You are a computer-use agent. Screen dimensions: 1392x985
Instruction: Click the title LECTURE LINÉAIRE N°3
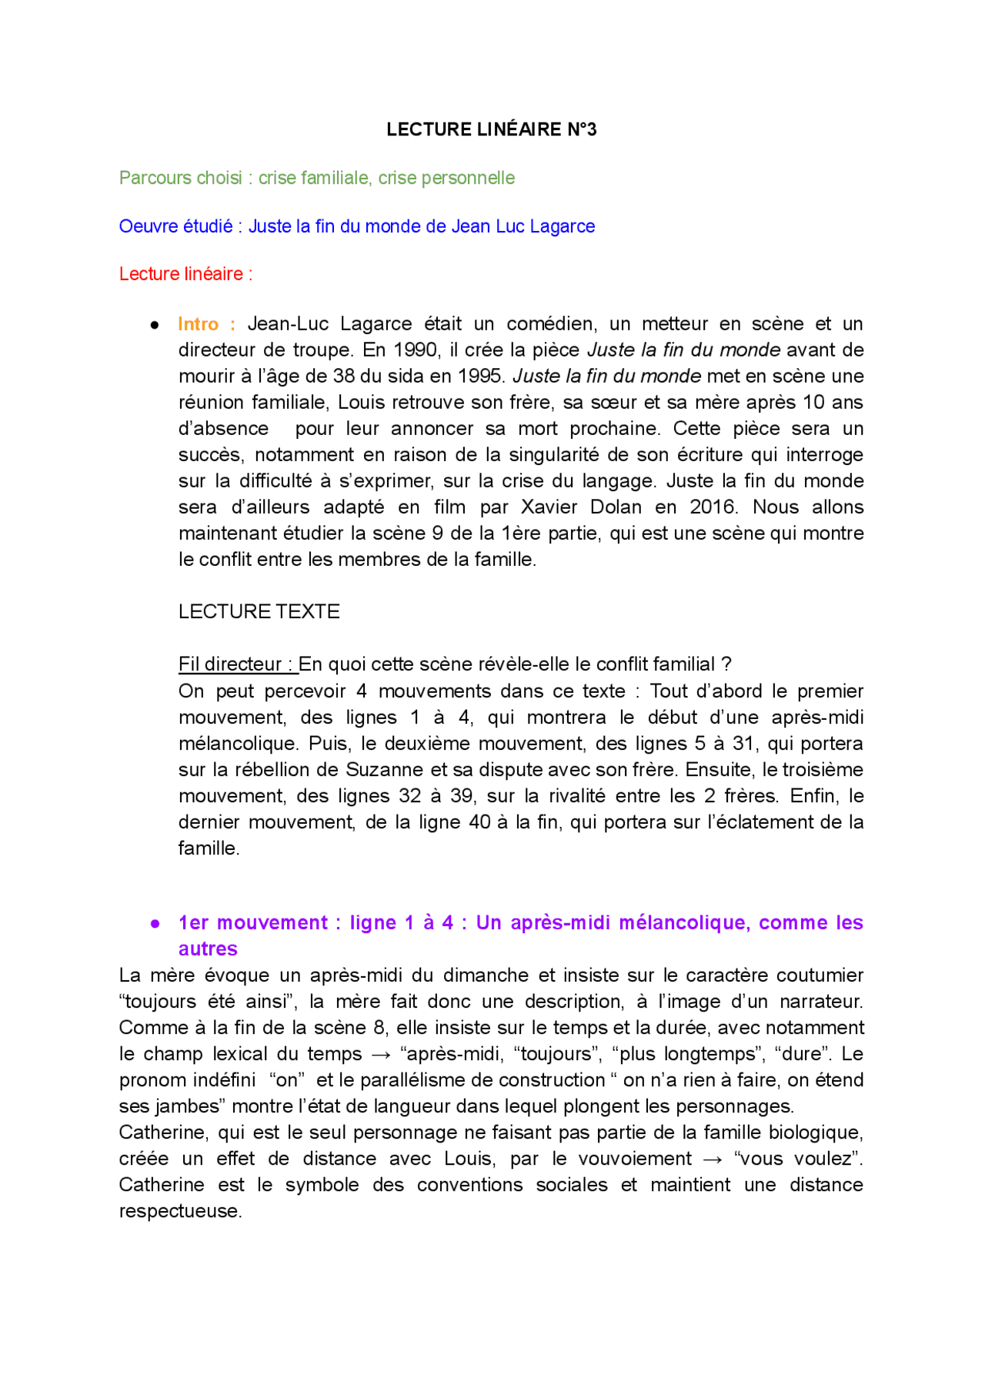(491, 129)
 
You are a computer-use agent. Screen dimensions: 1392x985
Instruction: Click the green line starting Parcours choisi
(316, 178)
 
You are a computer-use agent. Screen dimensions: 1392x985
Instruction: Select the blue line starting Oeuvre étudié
(356, 226)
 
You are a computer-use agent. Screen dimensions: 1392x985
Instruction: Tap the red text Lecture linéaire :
(185, 274)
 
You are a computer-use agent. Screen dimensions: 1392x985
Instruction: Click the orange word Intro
(198, 324)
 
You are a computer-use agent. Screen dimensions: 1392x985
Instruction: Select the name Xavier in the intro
(549, 507)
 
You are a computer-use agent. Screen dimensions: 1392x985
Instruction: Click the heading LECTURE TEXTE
(259, 612)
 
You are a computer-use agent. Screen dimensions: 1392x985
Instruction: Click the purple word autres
(208, 949)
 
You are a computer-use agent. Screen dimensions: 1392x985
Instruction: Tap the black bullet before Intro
(155, 326)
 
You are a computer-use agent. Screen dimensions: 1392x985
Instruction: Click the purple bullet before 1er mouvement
(155, 924)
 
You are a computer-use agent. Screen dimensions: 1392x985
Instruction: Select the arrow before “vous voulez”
(713, 1159)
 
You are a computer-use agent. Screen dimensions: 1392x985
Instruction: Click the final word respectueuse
(180, 1212)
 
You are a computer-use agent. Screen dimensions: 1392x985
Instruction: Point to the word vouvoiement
(635, 1159)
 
